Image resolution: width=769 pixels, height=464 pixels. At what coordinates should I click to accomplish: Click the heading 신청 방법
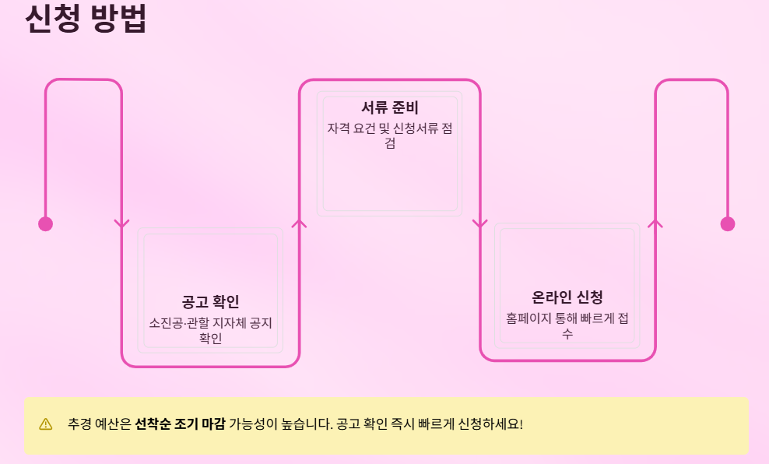[86, 19]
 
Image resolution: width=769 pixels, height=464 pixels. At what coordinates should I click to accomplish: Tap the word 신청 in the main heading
[53, 19]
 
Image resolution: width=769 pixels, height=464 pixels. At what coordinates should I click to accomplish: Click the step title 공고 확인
[210, 302]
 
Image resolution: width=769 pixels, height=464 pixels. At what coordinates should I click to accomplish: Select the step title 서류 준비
[389, 107]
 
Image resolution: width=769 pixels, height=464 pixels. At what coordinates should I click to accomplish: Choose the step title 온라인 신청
[567, 297]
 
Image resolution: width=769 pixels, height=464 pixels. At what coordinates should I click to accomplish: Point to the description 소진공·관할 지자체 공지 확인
[210, 330]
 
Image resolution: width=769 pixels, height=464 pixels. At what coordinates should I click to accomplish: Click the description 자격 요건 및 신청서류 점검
[389, 135]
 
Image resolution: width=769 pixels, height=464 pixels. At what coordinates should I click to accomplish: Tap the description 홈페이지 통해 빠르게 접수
[567, 325]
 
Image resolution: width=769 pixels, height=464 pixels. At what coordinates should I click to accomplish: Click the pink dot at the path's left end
[45, 224]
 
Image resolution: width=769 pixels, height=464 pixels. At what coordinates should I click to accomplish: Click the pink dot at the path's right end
[728, 224]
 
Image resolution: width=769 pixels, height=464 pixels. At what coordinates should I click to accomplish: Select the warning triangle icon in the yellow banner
[46, 424]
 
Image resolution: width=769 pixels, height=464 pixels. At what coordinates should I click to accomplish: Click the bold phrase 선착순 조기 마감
[180, 424]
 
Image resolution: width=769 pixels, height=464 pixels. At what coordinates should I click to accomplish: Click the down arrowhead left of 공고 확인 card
[121, 224]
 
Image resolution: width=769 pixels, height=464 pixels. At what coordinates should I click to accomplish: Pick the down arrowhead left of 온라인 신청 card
[479, 224]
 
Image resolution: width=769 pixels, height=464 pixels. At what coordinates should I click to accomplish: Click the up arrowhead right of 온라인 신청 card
[655, 223]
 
